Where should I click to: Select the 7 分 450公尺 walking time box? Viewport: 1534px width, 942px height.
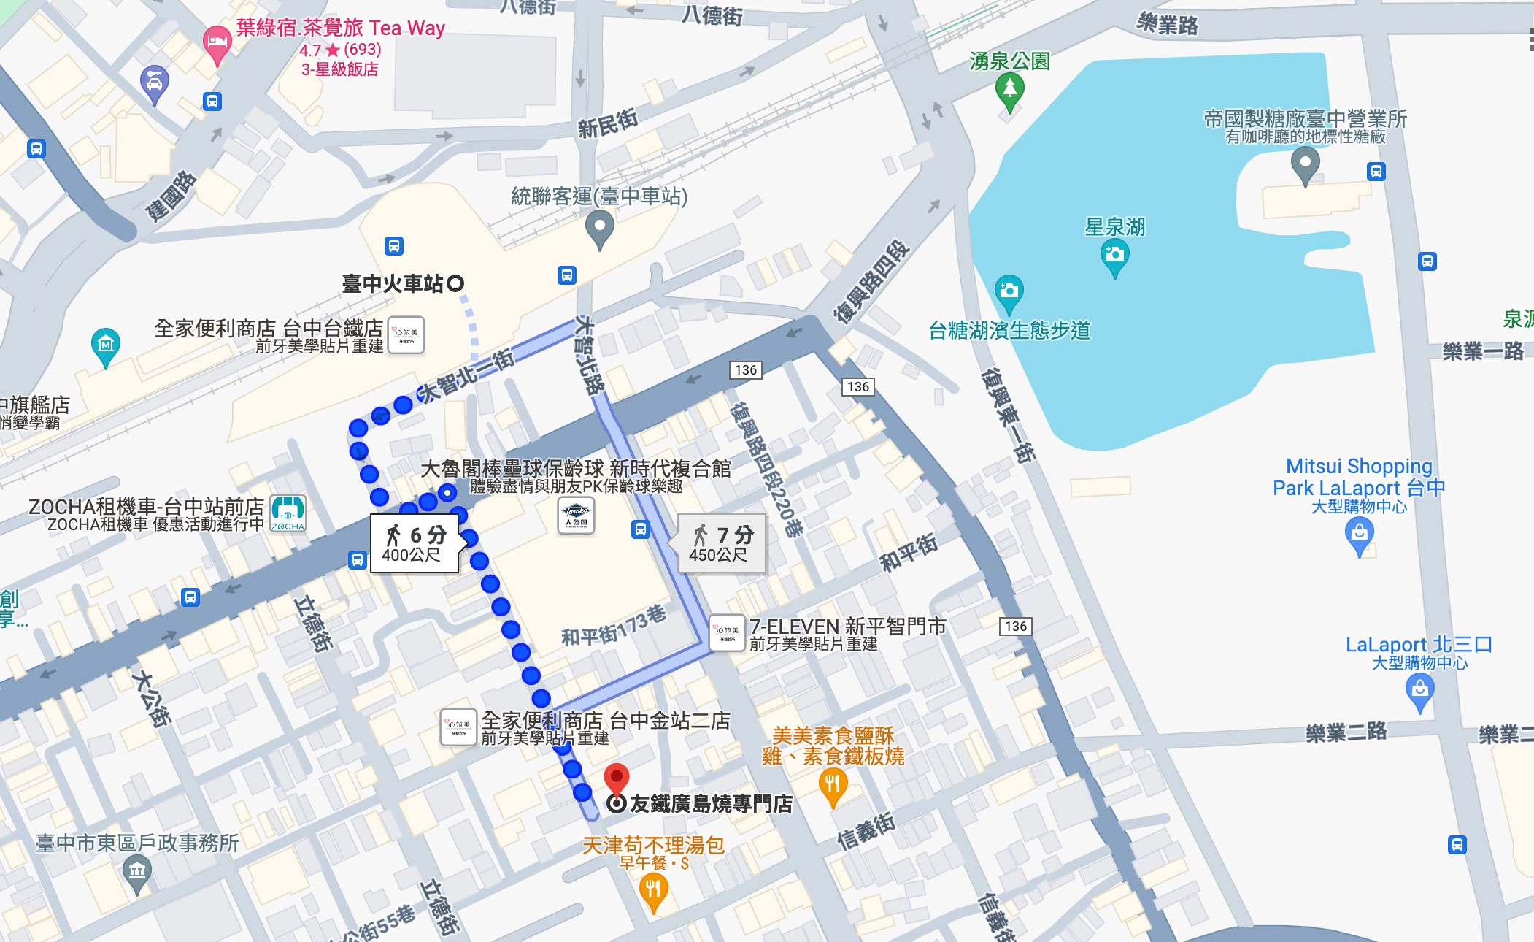(721, 543)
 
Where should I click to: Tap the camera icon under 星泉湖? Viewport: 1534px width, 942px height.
(1114, 256)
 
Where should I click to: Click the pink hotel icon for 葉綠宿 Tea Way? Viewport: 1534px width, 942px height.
(216, 42)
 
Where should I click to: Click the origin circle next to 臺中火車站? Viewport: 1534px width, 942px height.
(455, 283)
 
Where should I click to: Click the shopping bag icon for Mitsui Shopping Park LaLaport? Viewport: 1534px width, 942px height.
(1359, 535)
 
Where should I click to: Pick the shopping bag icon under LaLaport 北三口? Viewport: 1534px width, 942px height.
(1419, 690)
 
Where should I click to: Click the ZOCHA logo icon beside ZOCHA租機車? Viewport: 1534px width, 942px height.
(288, 513)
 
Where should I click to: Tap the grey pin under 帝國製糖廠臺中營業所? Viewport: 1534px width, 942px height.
(1305, 164)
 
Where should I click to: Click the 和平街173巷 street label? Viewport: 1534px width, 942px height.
(613, 627)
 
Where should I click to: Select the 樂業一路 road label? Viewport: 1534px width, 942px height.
(1482, 352)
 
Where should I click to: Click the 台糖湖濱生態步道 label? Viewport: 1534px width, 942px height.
(1009, 331)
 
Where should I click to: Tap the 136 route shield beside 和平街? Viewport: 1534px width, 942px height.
(1015, 626)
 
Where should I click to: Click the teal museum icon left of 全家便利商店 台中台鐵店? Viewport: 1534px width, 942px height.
(106, 344)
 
